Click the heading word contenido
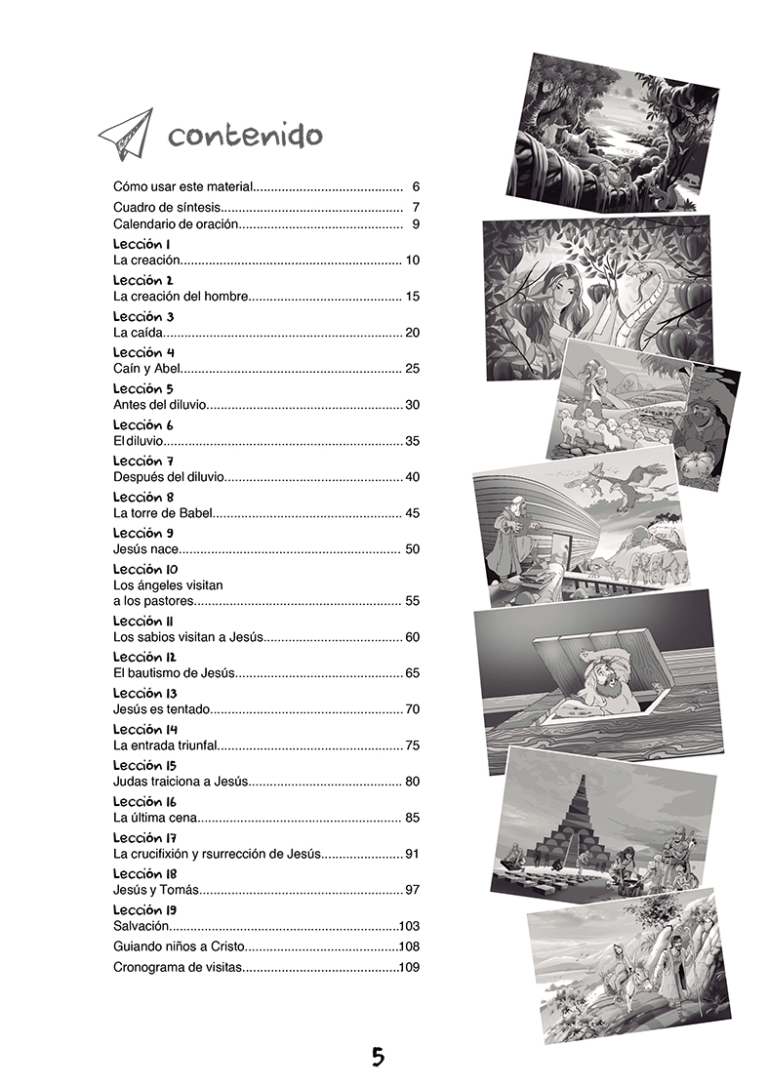point(244,135)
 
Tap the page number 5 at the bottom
point(378,1056)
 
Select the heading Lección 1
point(142,243)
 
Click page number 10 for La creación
point(412,260)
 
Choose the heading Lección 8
point(143,497)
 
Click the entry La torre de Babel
point(163,513)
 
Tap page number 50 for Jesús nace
point(412,549)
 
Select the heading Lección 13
point(145,693)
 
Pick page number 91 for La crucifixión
point(412,855)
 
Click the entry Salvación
point(142,925)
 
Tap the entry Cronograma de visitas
point(177,968)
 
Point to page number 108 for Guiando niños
point(409,946)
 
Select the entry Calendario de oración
point(176,225)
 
